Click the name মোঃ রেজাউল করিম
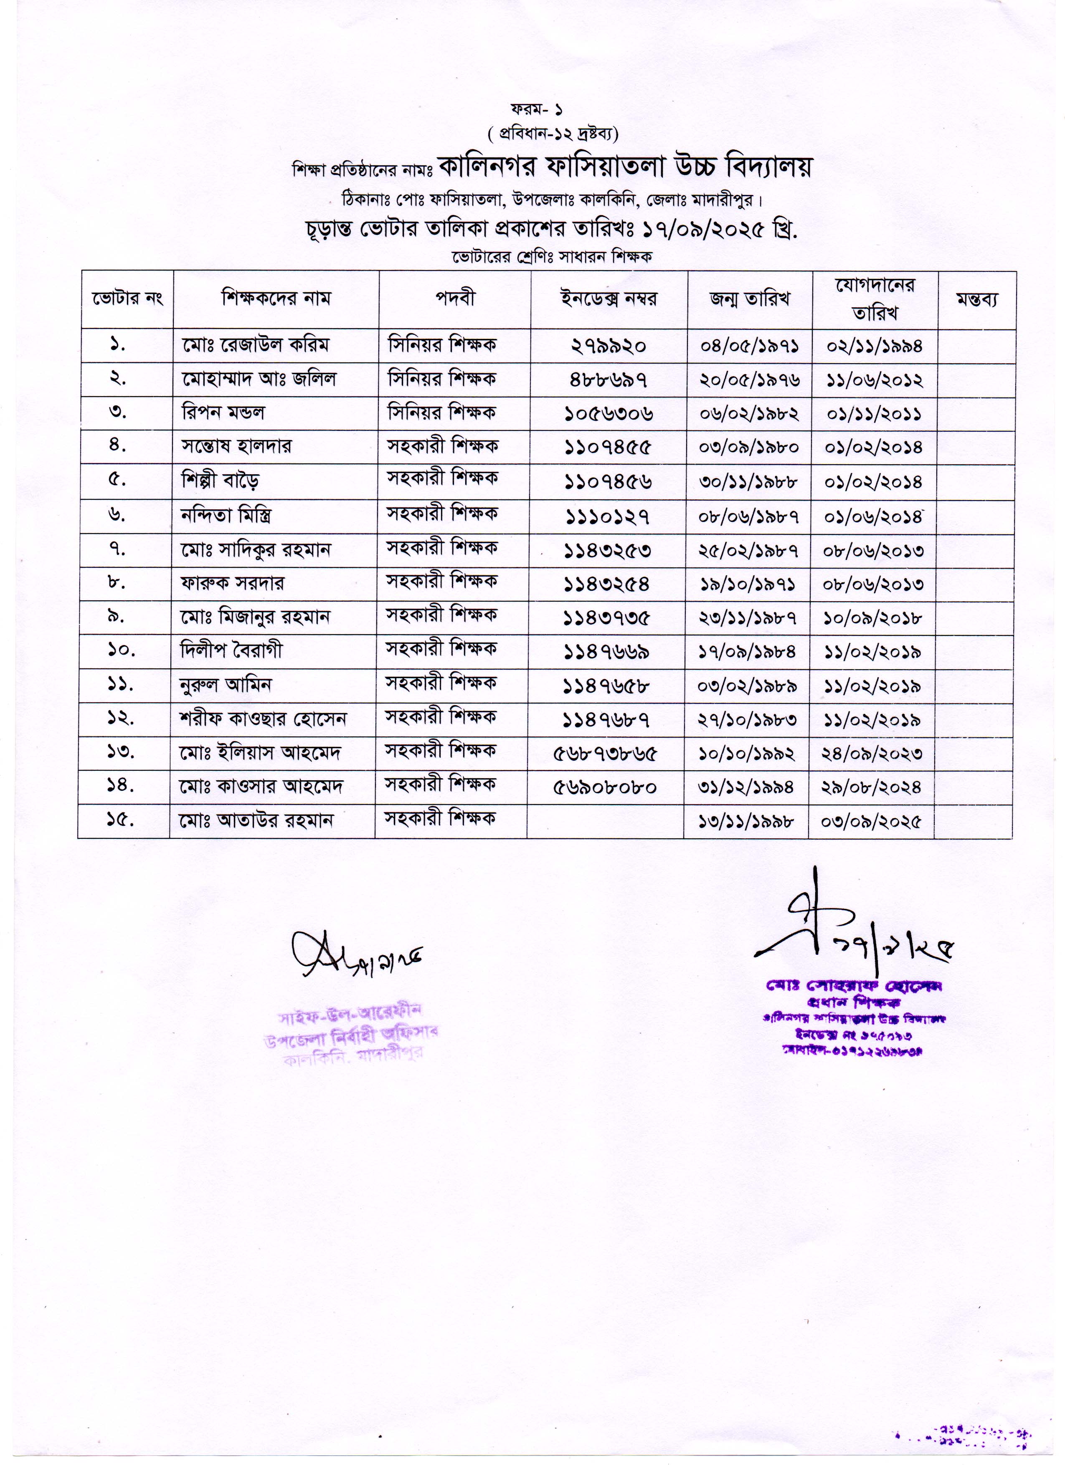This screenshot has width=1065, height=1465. point(255,346)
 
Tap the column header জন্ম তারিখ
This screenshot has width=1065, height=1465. point(750,299)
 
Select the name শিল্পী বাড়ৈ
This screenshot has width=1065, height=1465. point(221,481)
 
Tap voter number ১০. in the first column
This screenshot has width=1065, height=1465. point(121,650)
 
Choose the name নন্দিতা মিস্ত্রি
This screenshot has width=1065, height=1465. point(226,516)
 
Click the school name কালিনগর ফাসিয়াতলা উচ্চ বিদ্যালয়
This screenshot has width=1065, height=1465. point(624,167)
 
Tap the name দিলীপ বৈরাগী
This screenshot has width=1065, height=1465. point(231,650)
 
